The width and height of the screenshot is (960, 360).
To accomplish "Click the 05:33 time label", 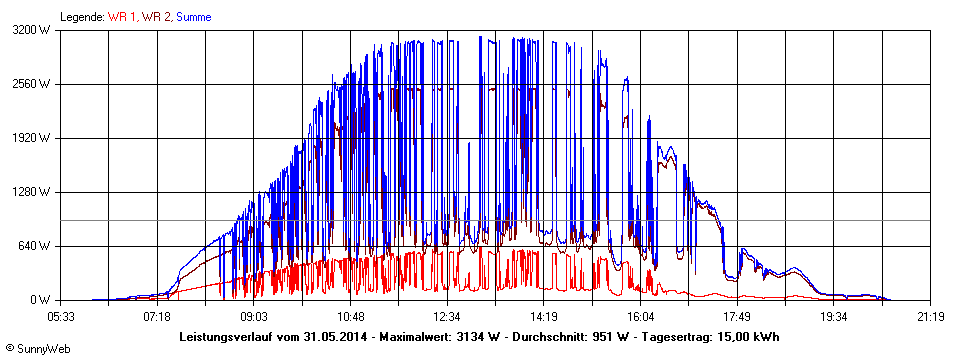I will (x=61, y=317).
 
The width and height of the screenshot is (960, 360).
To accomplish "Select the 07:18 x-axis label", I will (x=157, y=317).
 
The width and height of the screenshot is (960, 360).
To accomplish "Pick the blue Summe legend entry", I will (x=193, y=17).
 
